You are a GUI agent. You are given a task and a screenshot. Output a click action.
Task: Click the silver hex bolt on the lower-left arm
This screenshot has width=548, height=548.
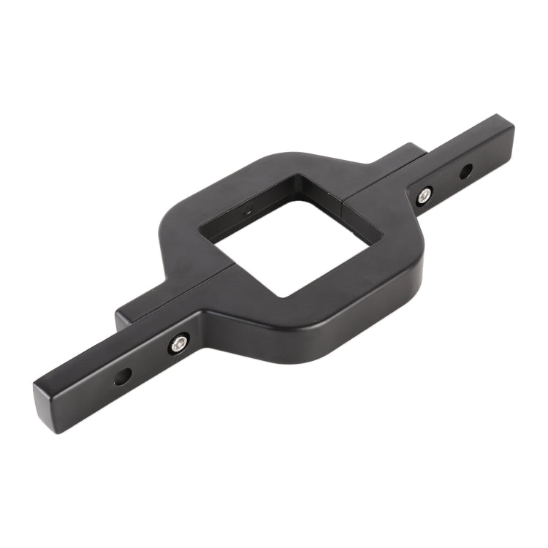click(x=179, y=343)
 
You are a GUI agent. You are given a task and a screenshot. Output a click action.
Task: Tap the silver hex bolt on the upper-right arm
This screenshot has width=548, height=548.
click(x=424, y=195)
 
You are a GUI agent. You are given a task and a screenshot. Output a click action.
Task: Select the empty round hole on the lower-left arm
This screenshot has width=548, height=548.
click(x=123, y=377)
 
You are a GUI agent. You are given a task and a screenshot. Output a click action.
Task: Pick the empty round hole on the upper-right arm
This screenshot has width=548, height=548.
click(x=465, y=172)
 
